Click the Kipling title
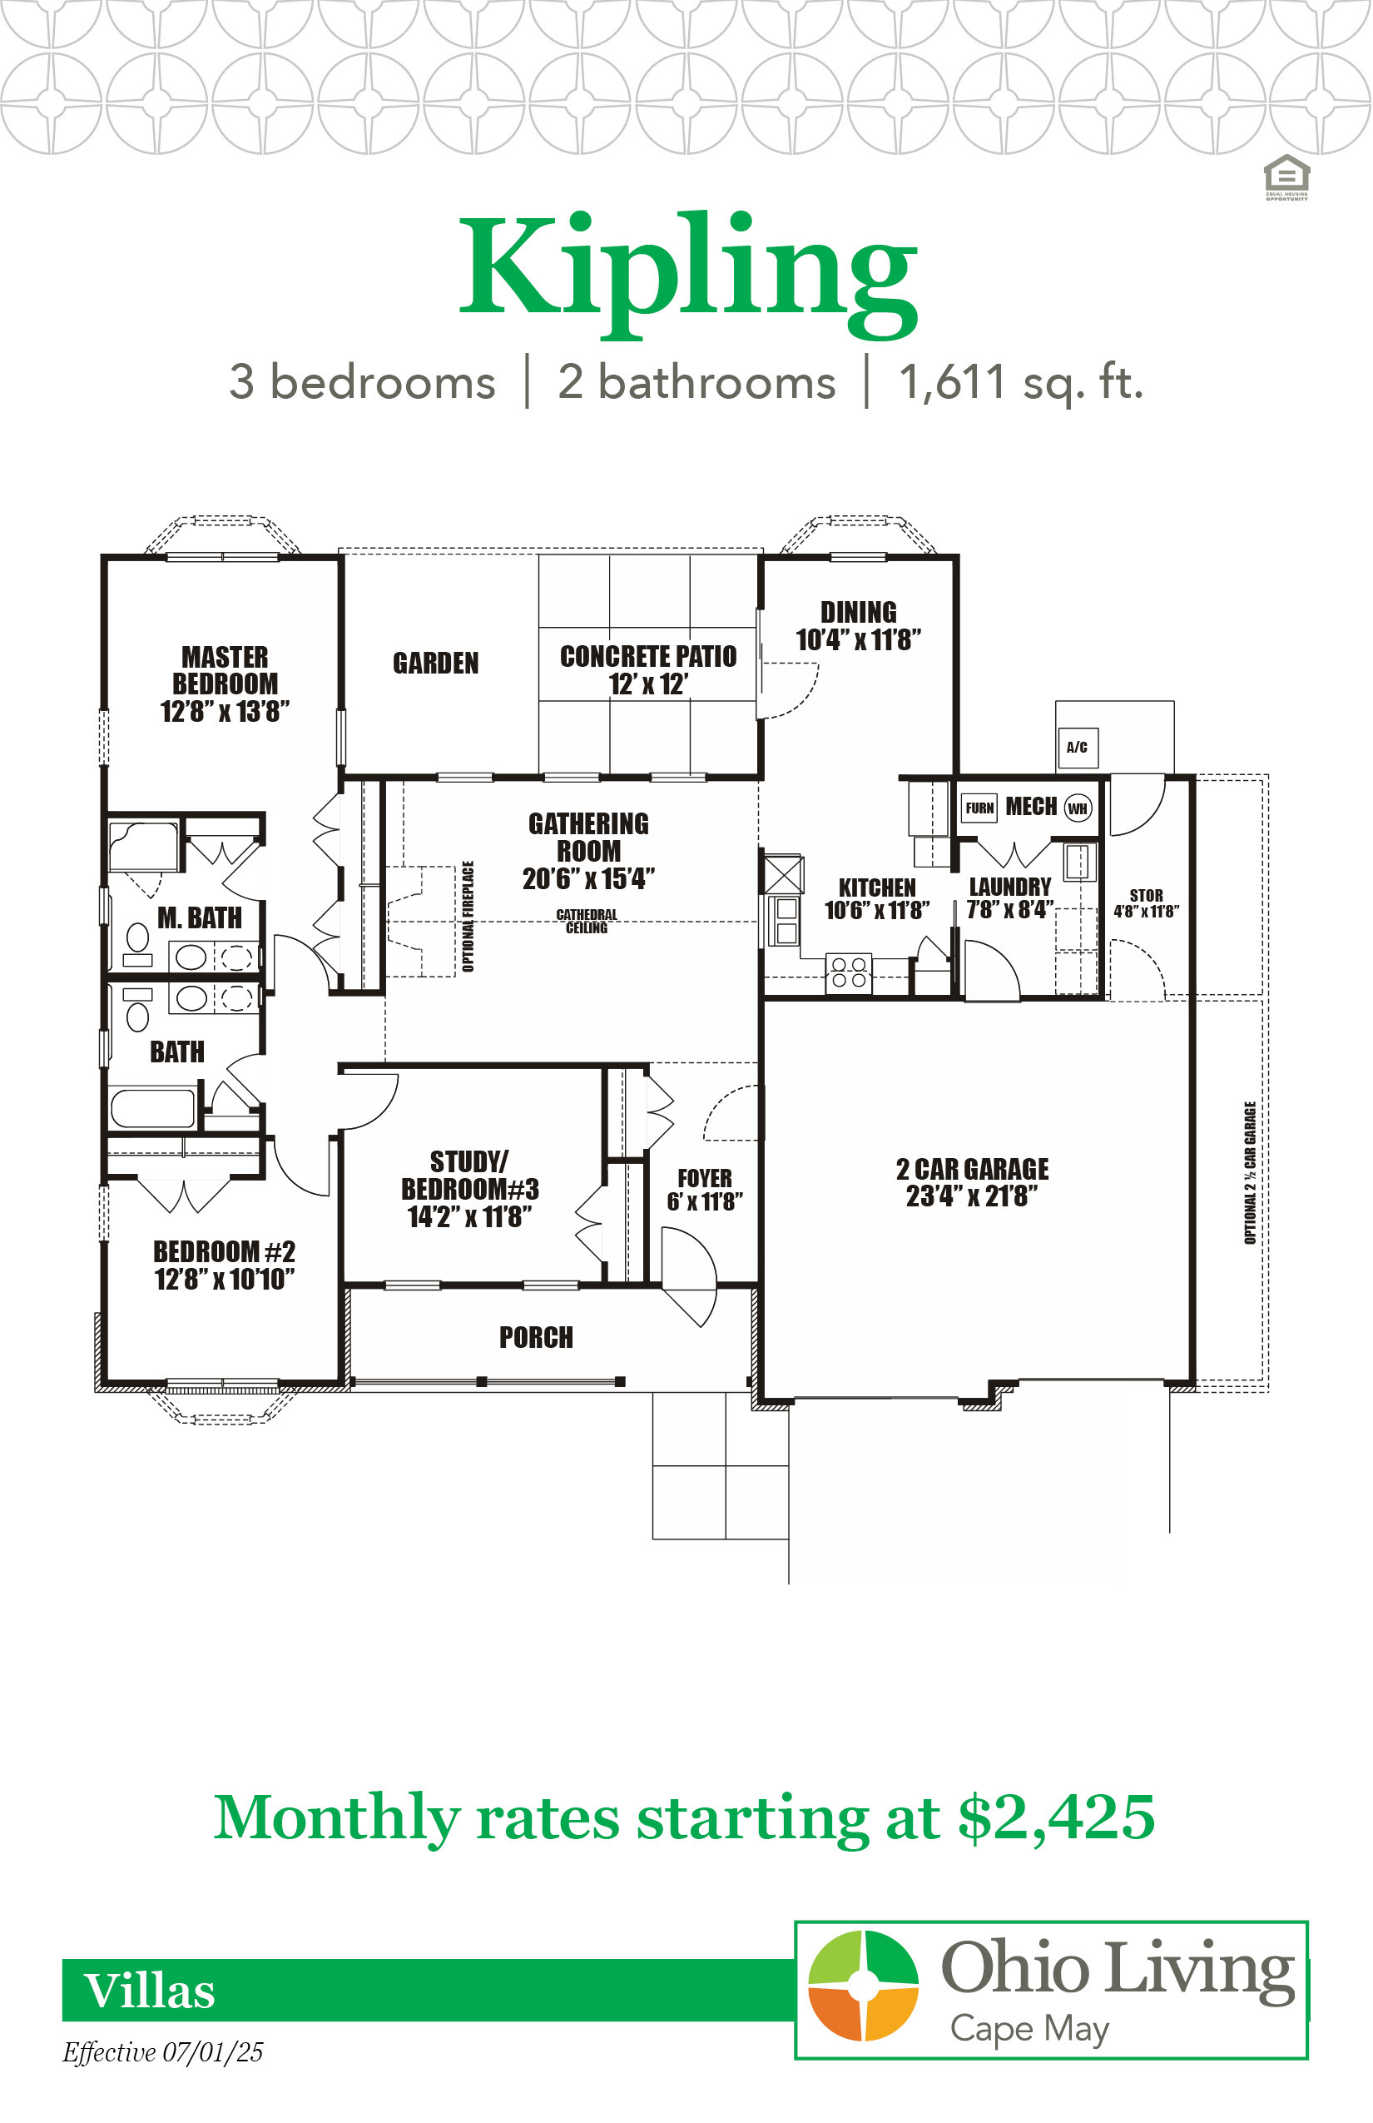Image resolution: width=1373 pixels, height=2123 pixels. [x=687, y=276]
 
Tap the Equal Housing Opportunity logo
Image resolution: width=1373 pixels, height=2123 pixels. [x=1286, y=177]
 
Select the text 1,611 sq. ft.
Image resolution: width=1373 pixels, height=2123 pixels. [x=1020, y=383]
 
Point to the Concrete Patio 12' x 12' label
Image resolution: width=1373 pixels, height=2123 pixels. [x=648, y=670]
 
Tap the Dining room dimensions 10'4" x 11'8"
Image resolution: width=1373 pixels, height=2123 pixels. [x=859, y=639]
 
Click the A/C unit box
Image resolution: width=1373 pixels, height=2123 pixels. [x=1077, y=748]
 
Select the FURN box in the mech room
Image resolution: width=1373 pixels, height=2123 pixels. [x=979, y=808]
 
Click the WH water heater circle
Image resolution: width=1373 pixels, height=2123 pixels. [x=1078, y=808]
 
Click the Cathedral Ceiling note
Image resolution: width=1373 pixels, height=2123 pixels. [x=587, y=921]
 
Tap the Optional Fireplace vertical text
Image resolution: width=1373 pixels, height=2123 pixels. [x=468, y=916]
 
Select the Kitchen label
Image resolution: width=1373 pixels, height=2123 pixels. [x=877, y=887]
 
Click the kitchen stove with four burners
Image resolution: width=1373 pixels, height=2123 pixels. [x=849, y=973]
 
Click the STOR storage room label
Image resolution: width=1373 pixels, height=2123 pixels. [x=1146, y=895]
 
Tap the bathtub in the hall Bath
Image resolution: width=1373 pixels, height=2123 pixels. [x=152, y=1109]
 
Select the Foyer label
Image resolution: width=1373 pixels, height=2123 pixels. [x=704, y=1177]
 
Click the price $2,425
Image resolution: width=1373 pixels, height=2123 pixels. [x=1057, y=1818]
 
